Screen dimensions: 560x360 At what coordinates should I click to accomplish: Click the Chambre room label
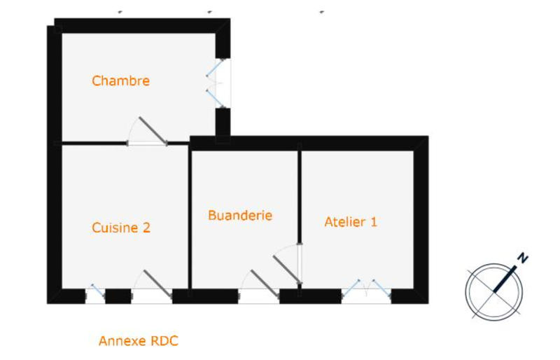(x=120, y=81)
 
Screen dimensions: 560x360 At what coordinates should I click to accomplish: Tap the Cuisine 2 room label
(x=121, y=228)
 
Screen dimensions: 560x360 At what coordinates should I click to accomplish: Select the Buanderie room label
(x=240, y=216)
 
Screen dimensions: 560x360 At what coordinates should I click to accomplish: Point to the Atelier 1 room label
(x=351, y=222)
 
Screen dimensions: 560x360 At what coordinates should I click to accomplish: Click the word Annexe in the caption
(x=122, y=342)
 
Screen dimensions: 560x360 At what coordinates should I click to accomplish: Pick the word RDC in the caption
(x=164, y=342)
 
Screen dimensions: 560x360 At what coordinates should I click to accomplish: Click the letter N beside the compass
(x=522, y=258)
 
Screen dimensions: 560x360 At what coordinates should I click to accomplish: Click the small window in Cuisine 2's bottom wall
(x=94, y=293)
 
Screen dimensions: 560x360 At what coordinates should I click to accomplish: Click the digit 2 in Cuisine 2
(x=146, y=228)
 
